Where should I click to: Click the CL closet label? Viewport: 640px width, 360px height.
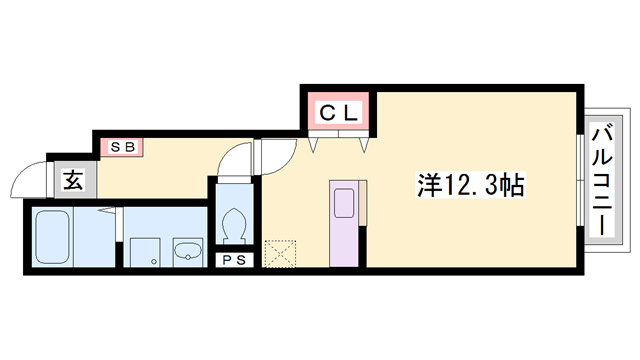pyautogui.click(x=338, y=113)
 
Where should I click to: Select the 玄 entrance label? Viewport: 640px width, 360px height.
pyautogui.click(x=74, y=181)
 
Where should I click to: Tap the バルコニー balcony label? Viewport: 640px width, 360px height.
pyautogui.click(x=603, y=180)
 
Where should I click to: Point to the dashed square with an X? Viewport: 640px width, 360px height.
pyautogui.click(x=279, y=253)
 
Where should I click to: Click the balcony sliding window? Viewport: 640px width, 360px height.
pyautogui.click(x=581, y=180)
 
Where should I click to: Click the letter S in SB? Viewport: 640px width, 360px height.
pyautogui.click(x=116, y=147)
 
